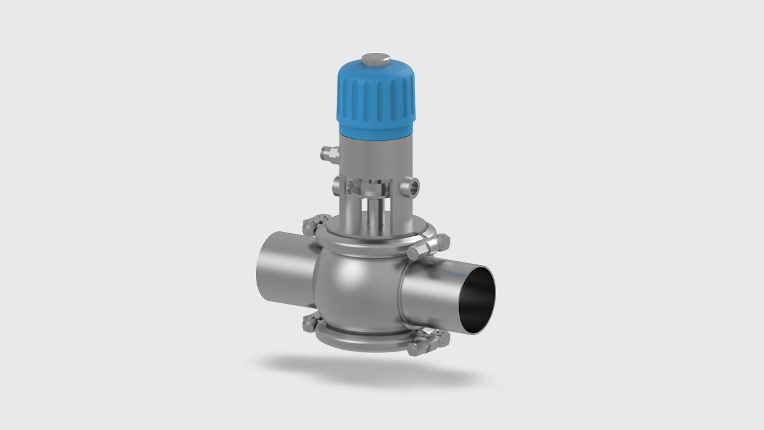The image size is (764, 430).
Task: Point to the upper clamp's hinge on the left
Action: pos(311,225)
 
